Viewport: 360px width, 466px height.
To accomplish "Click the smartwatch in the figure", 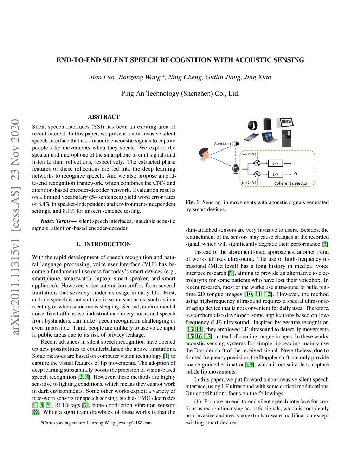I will [252, 125].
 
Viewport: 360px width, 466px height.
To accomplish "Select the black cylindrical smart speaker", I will [268, 124].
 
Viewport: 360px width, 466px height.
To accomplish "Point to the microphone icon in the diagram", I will [236, 168].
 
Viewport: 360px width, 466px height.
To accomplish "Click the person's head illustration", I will [204, 154].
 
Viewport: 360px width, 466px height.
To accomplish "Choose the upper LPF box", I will [276, 163].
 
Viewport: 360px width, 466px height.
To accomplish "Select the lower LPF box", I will [276, 174].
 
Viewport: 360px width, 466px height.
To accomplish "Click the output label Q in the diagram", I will [295, 174].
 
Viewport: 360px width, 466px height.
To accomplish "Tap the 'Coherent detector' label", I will [291, 183].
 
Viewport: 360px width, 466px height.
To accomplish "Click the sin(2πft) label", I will [249, 183].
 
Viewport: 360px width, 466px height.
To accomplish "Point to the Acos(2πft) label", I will [223, 143].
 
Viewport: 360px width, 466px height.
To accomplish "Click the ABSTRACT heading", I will [104, 117].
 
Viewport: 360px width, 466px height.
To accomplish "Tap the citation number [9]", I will [231, 273].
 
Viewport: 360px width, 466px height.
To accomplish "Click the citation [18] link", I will [249, 365].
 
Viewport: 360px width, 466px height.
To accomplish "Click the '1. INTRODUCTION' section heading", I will [103, 244].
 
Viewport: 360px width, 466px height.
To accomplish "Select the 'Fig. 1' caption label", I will [192, 202].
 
